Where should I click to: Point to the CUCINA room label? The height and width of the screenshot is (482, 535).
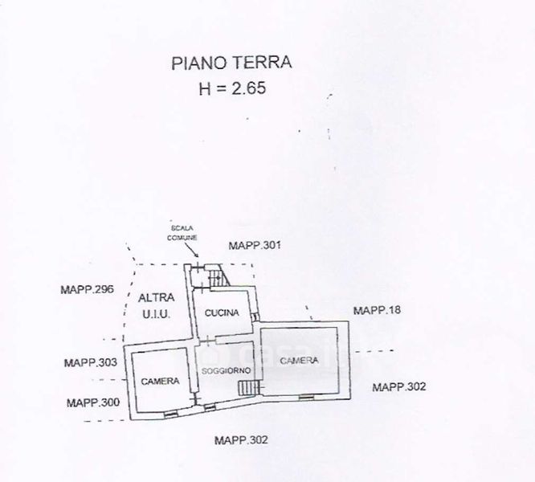click(220, 312)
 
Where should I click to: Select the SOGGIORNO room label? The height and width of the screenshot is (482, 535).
click(227, 370)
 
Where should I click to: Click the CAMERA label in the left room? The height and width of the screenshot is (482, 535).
click(160, 381)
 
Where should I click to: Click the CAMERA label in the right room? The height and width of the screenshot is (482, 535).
click(299, 361)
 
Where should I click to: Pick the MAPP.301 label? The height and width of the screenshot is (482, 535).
click(254, 245)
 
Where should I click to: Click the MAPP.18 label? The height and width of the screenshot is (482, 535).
click(378, 310)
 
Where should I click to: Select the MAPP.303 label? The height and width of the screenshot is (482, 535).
click(91, 363)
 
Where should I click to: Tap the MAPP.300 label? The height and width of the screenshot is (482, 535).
click(93, 402)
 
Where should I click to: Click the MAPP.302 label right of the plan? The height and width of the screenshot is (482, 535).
click(398, 387)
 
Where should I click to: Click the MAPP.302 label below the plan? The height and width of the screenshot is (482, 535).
click(241, 439)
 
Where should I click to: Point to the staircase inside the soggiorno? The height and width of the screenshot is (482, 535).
click(249, 388)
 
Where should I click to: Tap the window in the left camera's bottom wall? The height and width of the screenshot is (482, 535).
click(169, 414)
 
